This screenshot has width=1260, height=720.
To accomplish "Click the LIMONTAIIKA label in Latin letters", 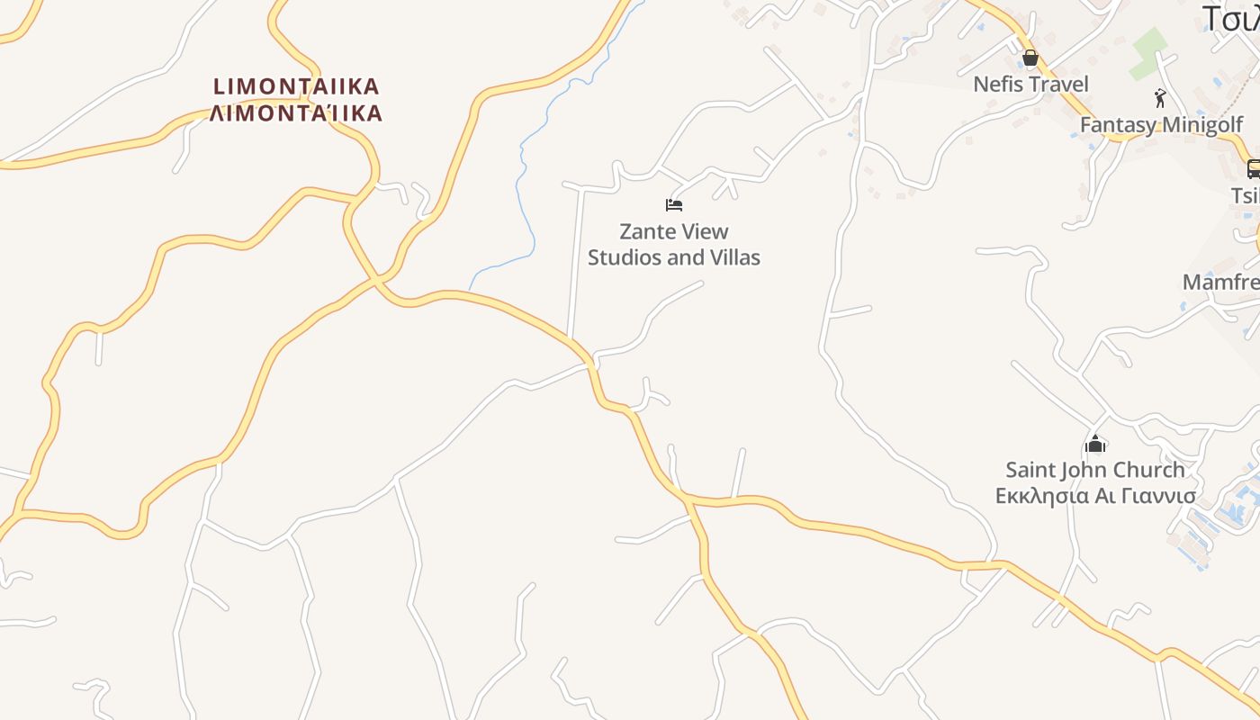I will pyautogui.click(x=296, y=87).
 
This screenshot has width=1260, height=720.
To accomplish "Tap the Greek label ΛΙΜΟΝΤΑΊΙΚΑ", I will pyautogui.click(x=296, y=113).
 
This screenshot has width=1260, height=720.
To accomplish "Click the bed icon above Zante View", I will pyautogui.click(x=674, y=205).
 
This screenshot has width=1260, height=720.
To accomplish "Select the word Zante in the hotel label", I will pyautogui.click(x=648, y=232).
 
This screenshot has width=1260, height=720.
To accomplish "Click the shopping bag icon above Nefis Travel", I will pyautogui.click(x=1030, y=59).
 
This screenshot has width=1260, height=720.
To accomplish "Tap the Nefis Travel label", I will pyautogui.click(x=1030, y=85).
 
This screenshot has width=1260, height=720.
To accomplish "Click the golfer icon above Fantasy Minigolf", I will pyautogui.click(x=1160, y=98).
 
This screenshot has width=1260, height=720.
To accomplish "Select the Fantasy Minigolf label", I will pyautogui.click(x=1161, y=125).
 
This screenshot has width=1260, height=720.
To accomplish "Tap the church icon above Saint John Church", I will pyautogui.click(x=1095, y=444).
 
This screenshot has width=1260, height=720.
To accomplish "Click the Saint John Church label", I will pyautogui.click(x=1095, y=470).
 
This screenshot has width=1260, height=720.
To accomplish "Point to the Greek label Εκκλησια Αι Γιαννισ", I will pyautogui.click(x=1095, y=496).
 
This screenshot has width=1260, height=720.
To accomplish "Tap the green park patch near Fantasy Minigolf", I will pyautogui.click(x=1147, y=53).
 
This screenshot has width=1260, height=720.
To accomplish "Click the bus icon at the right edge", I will pyautogui.click(x=1253, y=168).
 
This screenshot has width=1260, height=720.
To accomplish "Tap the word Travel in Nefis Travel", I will pyautogui.click(x=1059, y=85).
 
